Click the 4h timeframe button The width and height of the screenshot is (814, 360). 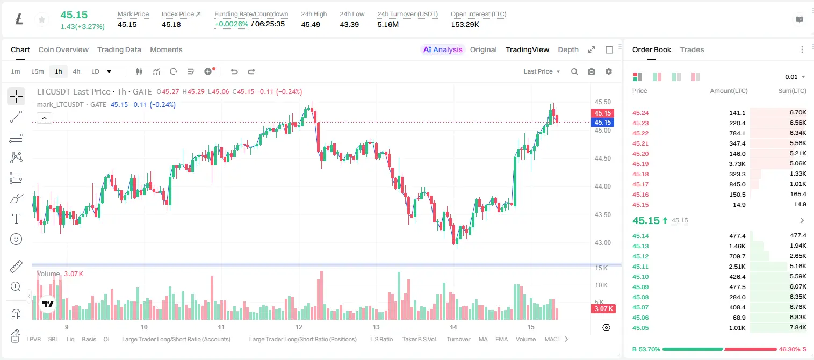point(76,71)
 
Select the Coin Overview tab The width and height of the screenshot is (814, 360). point(63,49)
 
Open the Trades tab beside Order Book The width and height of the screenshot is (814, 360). point(692,49)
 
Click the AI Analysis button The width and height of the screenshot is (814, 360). point(443,49)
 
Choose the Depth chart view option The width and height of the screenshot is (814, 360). point(568,49)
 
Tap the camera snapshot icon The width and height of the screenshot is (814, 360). point(592,71)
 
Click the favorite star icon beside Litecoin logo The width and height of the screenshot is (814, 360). point(42,19)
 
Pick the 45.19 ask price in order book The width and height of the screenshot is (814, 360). point(640,164)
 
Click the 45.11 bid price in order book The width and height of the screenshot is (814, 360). point(640,267)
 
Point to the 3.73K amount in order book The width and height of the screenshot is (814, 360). point(737,164)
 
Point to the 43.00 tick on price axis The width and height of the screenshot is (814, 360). point(602,243)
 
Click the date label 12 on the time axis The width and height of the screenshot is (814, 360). point(299,327)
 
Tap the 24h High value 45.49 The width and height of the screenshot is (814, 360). point(311,24)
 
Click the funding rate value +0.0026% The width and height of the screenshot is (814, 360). point(232,24)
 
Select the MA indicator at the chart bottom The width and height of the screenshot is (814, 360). point(483,339)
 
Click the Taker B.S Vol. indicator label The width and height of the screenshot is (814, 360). point(419,339)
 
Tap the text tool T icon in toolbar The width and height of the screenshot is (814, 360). point(16,219)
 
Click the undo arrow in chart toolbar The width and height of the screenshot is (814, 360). point(234,71)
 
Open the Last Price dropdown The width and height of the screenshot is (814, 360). point(542,71)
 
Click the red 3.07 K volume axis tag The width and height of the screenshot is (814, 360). point(603,309)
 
